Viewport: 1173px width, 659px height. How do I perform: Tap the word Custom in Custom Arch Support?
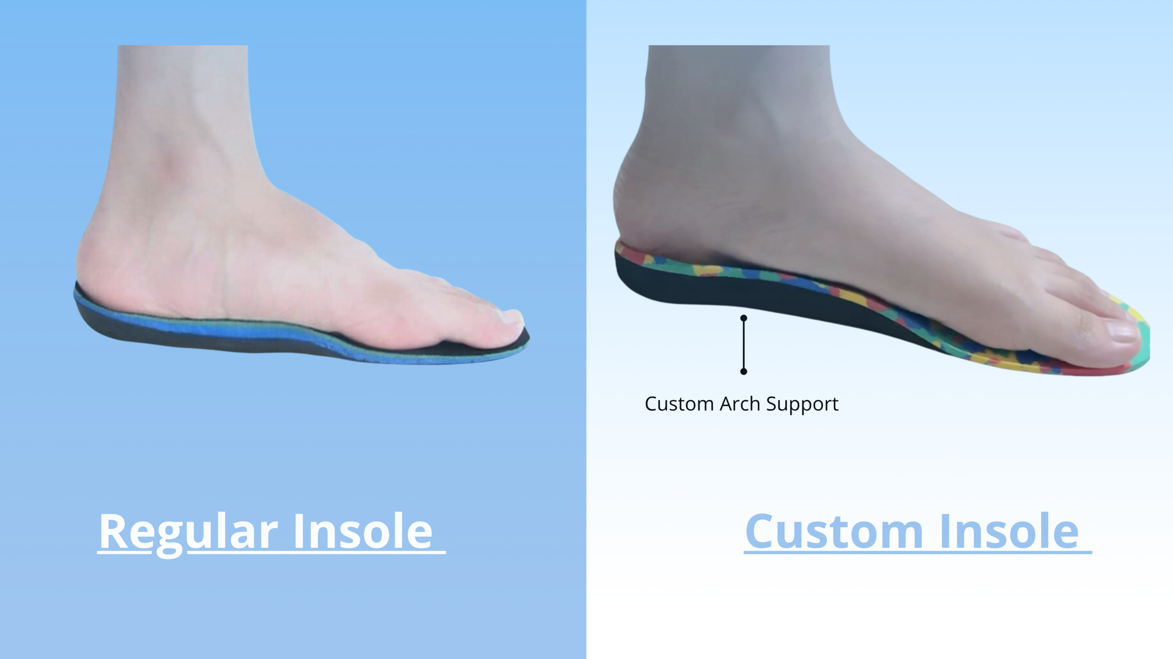680,404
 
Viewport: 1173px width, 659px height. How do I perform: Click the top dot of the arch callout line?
744,318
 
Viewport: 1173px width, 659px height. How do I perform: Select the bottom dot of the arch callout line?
744,371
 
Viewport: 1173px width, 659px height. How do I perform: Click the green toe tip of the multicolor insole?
1146,343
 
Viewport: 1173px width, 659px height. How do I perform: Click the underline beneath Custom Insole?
918,553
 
